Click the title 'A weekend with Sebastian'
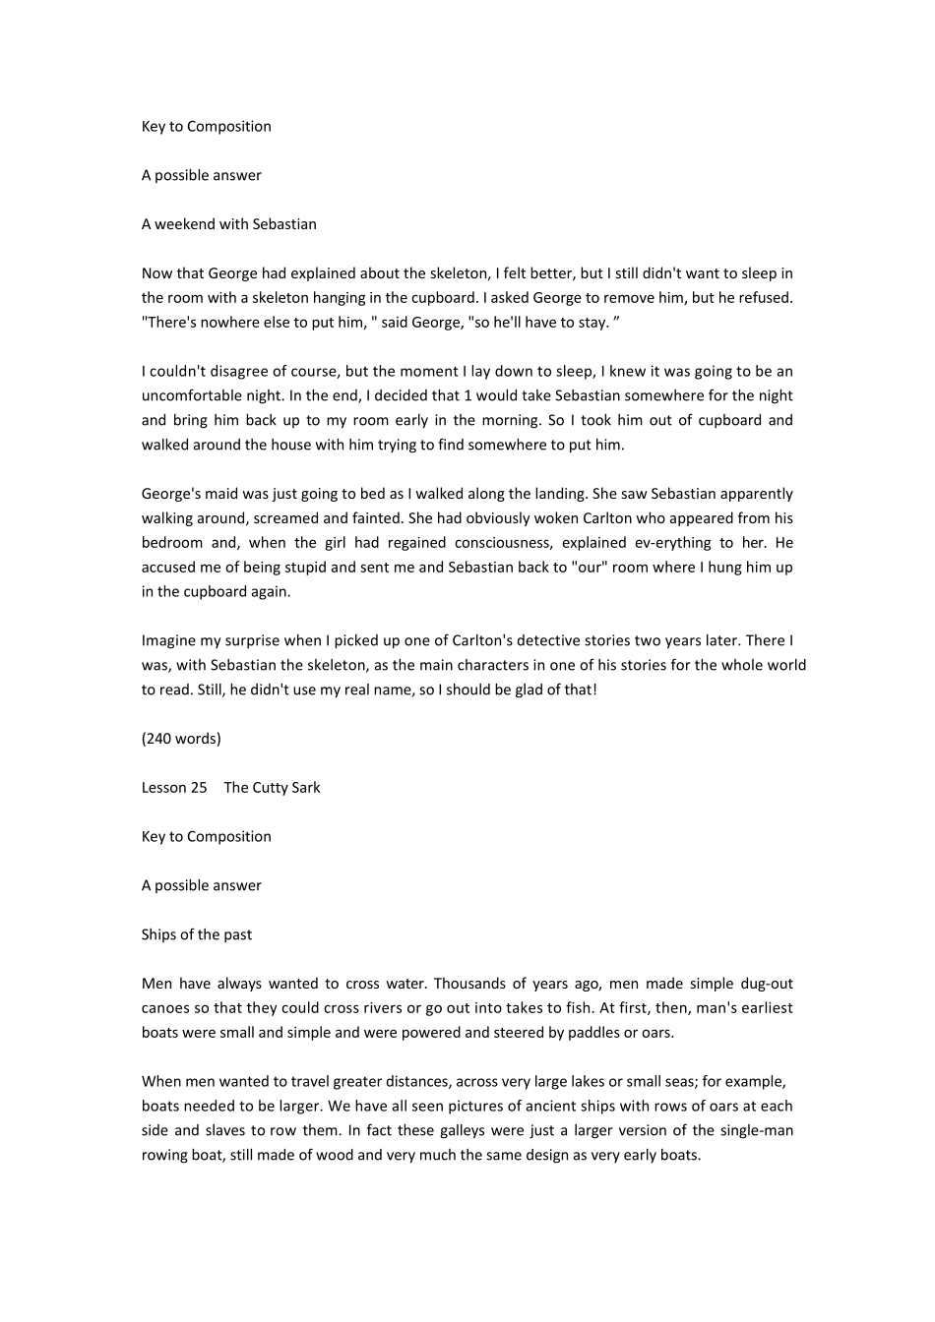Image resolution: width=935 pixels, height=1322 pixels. coord(228,224)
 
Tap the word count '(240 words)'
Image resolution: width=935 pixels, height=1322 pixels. coord(181,739)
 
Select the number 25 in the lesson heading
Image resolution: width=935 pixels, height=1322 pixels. coord(198,788)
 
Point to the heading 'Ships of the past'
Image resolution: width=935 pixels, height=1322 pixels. coord(196,934)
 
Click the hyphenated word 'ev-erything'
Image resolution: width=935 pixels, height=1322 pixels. coord(660,543)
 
